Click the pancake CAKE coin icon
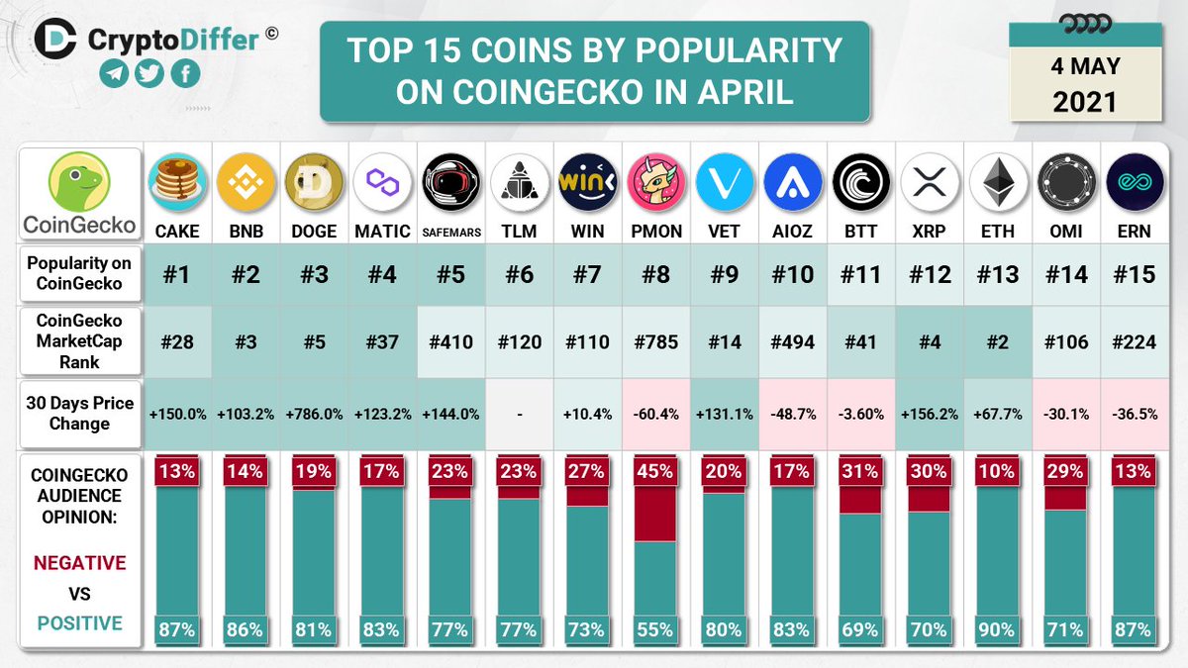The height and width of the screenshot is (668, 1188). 176,183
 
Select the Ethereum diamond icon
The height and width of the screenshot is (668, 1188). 997,183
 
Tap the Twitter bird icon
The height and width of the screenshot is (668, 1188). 148,73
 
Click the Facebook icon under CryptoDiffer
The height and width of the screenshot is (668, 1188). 184,73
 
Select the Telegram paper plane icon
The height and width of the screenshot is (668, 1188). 114,73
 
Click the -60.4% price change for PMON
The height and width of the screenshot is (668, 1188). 655,413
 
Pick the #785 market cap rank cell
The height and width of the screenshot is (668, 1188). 655,342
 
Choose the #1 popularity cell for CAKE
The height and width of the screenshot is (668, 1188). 176,274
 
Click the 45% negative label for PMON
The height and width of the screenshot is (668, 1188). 655,472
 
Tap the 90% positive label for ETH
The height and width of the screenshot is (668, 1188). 997,628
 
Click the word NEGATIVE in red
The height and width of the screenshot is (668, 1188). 79,563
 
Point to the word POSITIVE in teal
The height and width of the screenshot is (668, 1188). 79,623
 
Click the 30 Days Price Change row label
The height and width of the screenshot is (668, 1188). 79,413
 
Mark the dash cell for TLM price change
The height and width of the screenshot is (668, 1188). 519,413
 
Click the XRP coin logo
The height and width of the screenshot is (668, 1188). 929,183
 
